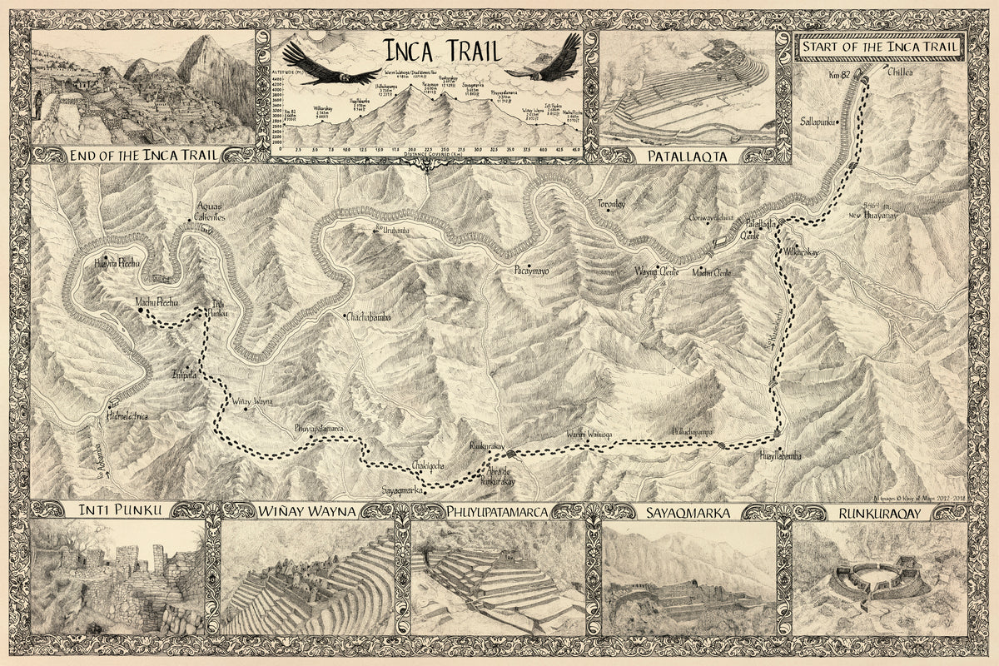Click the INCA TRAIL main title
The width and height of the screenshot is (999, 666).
click(x=430, y=51)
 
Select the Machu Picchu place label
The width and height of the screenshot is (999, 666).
click(x=157, y=302)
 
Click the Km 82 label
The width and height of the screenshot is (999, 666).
click(x=839, y=77)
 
